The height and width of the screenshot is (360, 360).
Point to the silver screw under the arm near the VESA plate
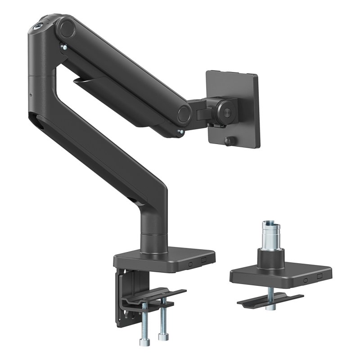click(180, 131)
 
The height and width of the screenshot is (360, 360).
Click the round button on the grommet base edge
click(306, 279)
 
